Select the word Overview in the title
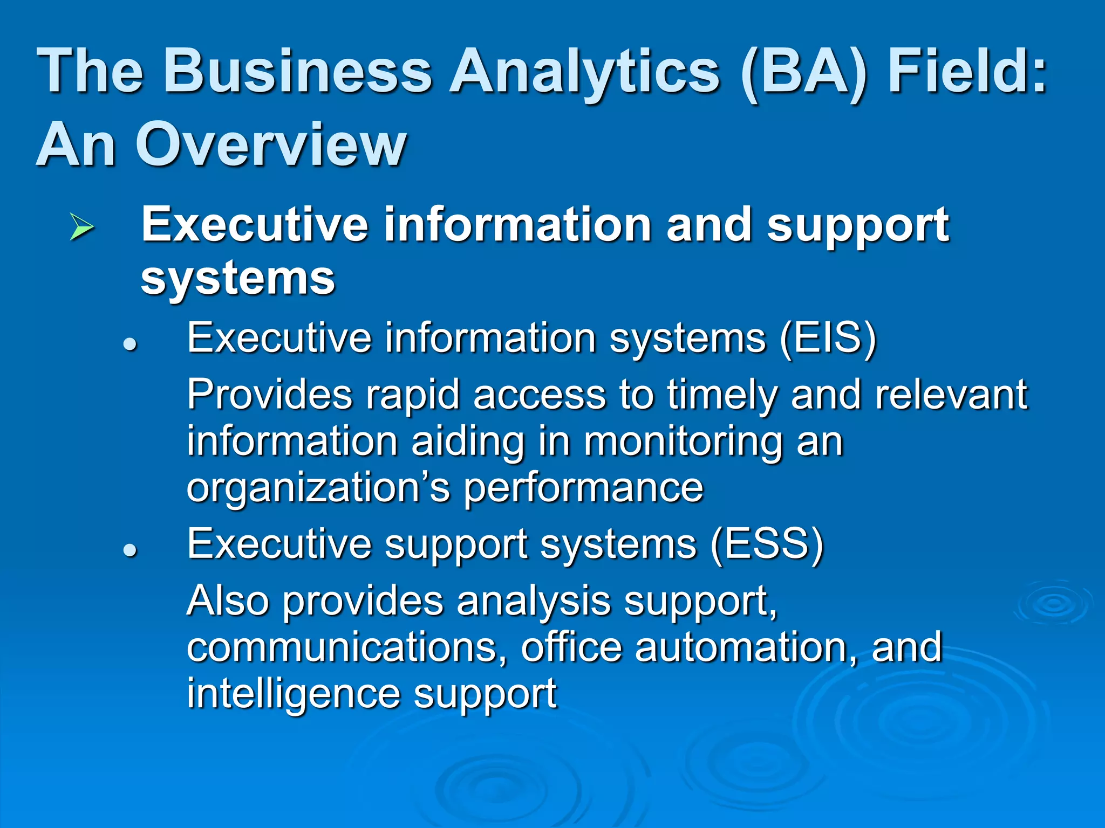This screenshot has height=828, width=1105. tap(270, 144)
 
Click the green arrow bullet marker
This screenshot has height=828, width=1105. tap(81, 226)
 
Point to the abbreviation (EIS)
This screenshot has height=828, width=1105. tap(828, 339)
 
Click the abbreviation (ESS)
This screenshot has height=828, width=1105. tap(767, 544)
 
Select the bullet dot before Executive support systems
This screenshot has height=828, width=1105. tap(129, 550)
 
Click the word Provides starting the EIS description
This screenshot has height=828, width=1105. tap(269, 395)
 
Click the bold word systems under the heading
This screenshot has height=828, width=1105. tap(238, 279)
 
